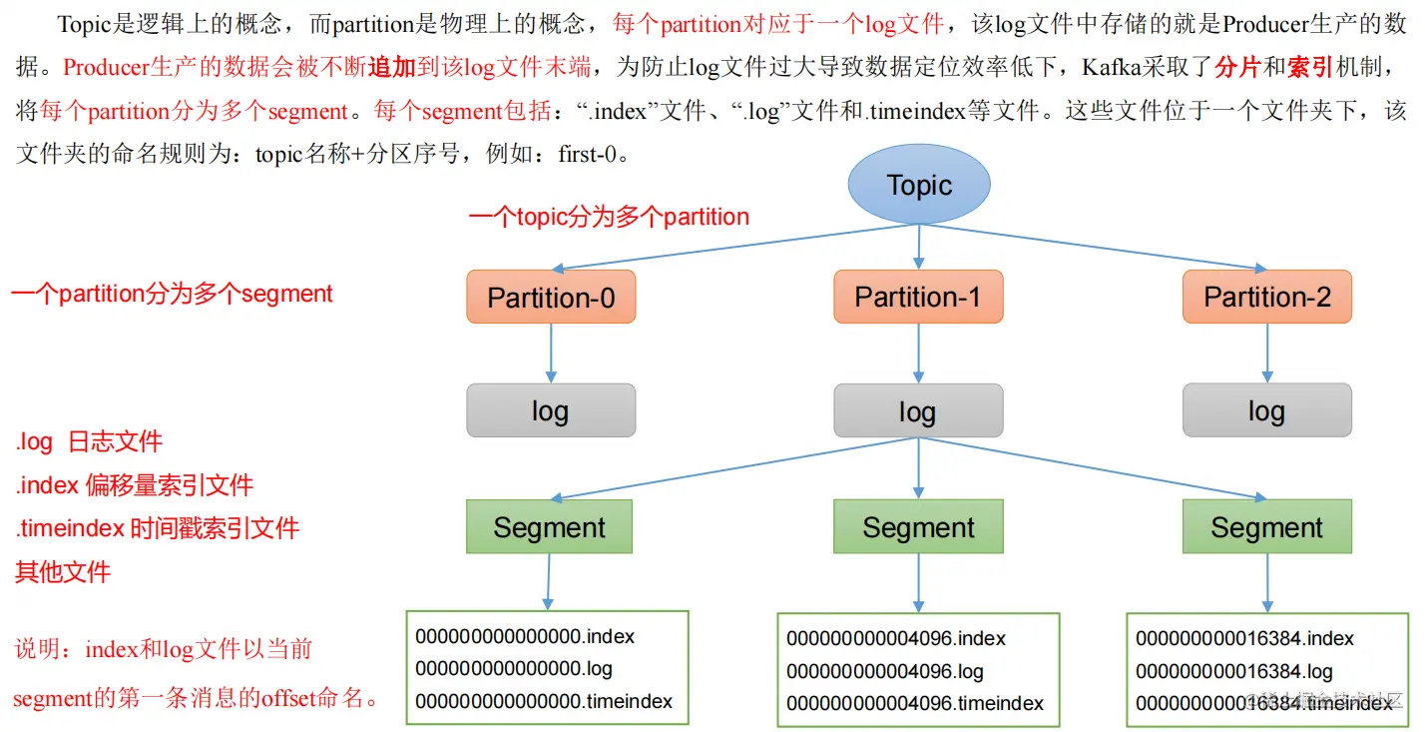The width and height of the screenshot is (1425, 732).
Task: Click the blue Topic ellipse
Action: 918,185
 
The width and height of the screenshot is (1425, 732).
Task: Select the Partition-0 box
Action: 551,297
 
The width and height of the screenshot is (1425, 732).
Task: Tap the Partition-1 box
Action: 918,297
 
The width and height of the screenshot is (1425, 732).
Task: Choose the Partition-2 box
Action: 1267,297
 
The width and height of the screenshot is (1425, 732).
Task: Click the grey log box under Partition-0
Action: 551,410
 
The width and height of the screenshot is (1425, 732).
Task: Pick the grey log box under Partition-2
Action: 1267,410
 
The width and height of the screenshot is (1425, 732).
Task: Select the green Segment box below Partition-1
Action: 918,527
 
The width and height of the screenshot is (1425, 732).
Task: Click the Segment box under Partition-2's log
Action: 1267,527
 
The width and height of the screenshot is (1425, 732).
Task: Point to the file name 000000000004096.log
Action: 884,671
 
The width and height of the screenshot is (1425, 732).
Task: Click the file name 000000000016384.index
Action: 1244,638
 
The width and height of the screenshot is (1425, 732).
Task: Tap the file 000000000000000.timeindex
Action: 544,701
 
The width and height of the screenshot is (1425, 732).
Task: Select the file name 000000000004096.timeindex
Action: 914,703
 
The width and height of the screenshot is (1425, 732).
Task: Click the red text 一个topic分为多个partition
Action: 609,217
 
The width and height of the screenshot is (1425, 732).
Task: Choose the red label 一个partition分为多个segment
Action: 172,294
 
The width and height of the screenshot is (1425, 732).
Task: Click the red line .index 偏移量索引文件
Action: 135,485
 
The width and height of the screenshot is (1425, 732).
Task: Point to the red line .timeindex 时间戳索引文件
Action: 157,528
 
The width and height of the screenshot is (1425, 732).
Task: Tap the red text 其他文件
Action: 62,572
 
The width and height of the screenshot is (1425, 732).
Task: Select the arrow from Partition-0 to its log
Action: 551,353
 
